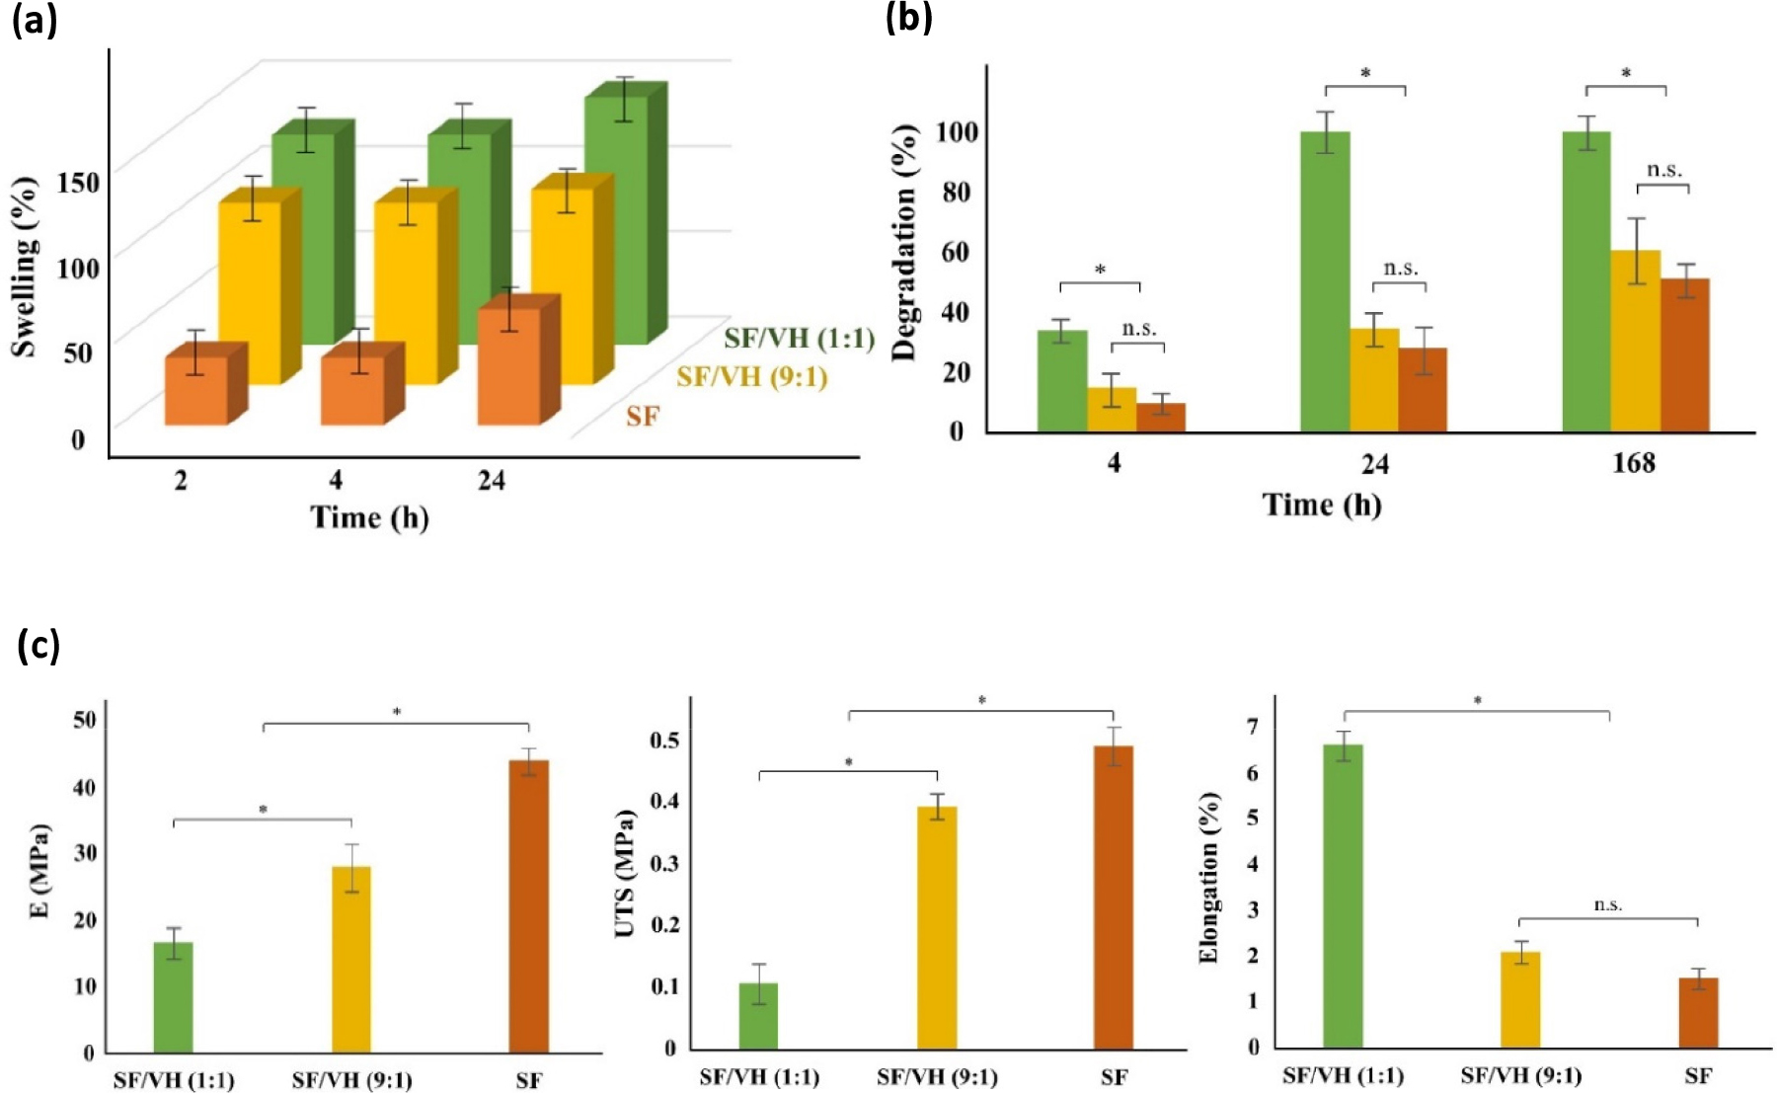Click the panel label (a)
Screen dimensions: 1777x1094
point(35,21)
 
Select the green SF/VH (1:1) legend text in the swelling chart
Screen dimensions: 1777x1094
point(799,339)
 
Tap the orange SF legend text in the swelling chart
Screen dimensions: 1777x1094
point(642,417)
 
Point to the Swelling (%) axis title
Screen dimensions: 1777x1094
point(25,267)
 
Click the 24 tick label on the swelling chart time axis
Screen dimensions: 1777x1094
point(491,481)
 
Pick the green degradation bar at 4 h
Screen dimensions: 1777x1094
point(1062,380)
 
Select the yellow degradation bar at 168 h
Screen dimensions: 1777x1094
point(1635,341)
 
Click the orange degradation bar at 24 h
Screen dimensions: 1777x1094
point(1423,389)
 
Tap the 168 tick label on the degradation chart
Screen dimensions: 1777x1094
point(1634,463)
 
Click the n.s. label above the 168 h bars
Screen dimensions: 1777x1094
point(1663,170)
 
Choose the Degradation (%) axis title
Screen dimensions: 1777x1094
point(905,243)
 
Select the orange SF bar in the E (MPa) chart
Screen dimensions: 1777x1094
point(529,905)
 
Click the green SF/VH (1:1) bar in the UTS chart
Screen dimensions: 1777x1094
point(758,1015)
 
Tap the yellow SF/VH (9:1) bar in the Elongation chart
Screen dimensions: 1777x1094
point(1520,999)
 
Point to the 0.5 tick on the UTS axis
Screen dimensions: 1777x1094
point(664,741)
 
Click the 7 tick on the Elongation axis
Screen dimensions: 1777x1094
point(1254,728)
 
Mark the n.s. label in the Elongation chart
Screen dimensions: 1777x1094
point(1608,904)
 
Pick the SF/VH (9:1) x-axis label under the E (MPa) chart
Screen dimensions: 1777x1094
point(351,1080)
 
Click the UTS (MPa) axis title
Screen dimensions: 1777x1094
point(625,874)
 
